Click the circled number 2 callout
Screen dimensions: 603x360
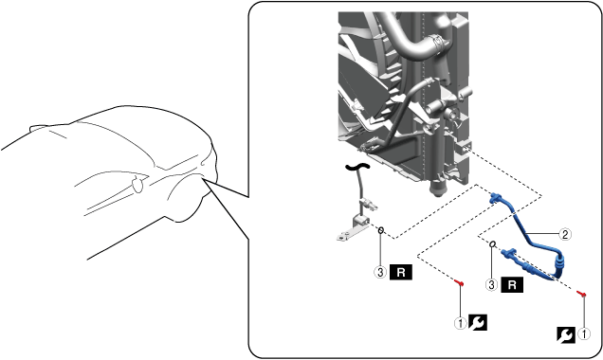(x=564, y=234)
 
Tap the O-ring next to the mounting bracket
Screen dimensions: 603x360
(x=381, y=230)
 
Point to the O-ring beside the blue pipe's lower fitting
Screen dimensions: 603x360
(x=493, y=244)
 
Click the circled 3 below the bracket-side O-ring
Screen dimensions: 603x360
(x=380, y=273)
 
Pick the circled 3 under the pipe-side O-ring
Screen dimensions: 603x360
(x=491, y=285)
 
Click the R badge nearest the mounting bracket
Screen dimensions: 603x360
(x=401, y=273)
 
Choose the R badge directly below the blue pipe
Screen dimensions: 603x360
(x=512, y=285)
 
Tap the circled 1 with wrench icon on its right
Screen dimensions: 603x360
(x=461, y=323)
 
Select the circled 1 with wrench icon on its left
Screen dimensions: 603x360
(x=584, y=333)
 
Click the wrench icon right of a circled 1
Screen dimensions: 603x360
(x=477, y=323)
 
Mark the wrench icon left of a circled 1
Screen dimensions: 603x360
(x=566, y=334)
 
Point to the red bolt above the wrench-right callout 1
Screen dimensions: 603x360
(x=459, y=283)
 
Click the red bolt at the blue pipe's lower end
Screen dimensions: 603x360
(x=582, y=294)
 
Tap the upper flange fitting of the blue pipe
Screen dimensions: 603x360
(x=496, y=197)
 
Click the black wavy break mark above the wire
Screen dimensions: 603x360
(x=357, y=167)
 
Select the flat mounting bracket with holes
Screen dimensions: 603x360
(x=349, y=235)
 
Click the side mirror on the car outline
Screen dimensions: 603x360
(x=137, y=184)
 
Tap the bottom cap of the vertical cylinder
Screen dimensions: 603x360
(x=438, y=189)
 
